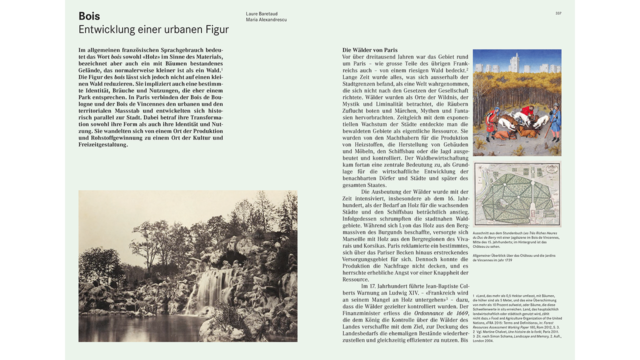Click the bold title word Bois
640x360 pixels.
point(89,16)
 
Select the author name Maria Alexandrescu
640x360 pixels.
point(266,20)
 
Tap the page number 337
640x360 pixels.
point(558,13)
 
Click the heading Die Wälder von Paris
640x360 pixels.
point(369,50)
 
